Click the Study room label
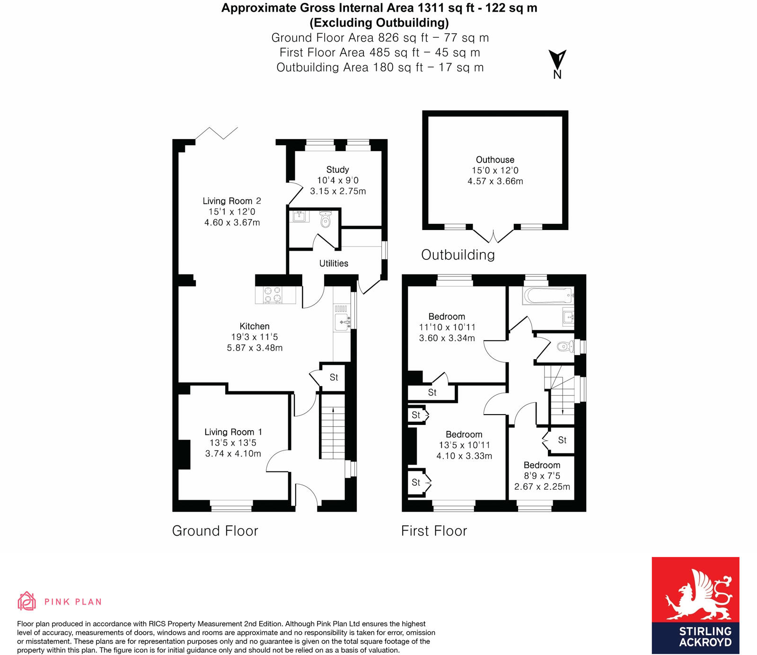pyautogui.click(x=337, y=169)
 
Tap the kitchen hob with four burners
pyautogui.click(x=273, y=294)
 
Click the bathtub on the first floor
pyautogui.click(x=548, y=296)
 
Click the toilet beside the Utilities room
pyautogui.click(x=326, y=220)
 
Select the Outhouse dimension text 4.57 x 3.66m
pyautogui.click(x=495, y=181)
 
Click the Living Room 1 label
pyautogui.click(x=233, y=432)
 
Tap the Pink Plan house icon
pyautogui.click(x=27, y=601)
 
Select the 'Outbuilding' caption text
pyautogui.click(x=458, y=255)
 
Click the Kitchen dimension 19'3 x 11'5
pyautogui.click(x=255, y=337)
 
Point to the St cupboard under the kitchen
pyautogui.click(x=334, y=377)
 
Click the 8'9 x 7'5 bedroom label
pyautogui.click(x=542, y=476)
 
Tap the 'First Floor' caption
pyautogui.click(x=434, y=531)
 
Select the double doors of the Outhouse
pyautogui.click(x=493, y=235)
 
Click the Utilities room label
pyautogui.click(x=334, y=263)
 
